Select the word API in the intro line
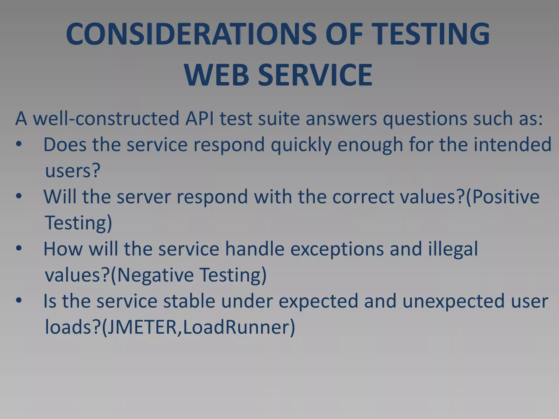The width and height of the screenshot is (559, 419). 199,119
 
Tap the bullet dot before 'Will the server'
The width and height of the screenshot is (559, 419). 19,196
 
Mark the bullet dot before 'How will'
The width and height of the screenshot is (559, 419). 19,249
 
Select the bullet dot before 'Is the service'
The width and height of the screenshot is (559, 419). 19,301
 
